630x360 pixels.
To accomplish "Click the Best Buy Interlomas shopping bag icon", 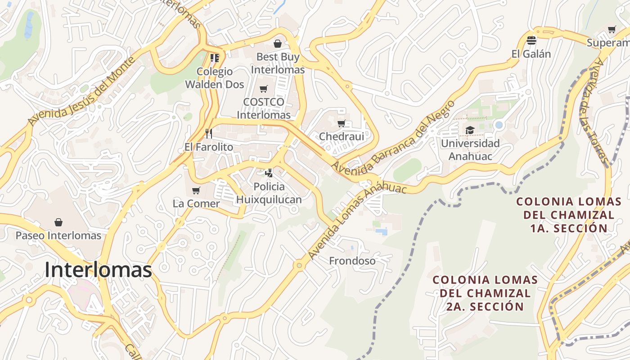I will pos(278,44).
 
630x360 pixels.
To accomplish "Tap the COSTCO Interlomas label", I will pos(264,108).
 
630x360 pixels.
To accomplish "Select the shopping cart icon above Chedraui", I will pos(341,123).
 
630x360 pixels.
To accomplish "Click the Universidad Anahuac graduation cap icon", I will pos(470,130).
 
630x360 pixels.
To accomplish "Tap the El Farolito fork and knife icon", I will pos(208,134).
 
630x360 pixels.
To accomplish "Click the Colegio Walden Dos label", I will pos(215,78).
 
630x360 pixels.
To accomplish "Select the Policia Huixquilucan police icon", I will pos(269,173).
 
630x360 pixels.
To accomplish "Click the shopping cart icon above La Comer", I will pos(196,191).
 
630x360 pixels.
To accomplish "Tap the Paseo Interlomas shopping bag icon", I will pos(58,222).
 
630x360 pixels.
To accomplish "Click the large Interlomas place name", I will pos(98,270).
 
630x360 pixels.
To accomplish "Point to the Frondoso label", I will pos(352,261).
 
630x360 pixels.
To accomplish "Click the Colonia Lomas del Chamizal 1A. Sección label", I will pos(569,215).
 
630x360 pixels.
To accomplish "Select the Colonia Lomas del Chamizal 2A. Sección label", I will pos(485,293).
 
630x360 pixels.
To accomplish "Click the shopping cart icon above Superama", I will pos(612,30).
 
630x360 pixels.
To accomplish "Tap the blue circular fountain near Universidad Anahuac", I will pos(499,125).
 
